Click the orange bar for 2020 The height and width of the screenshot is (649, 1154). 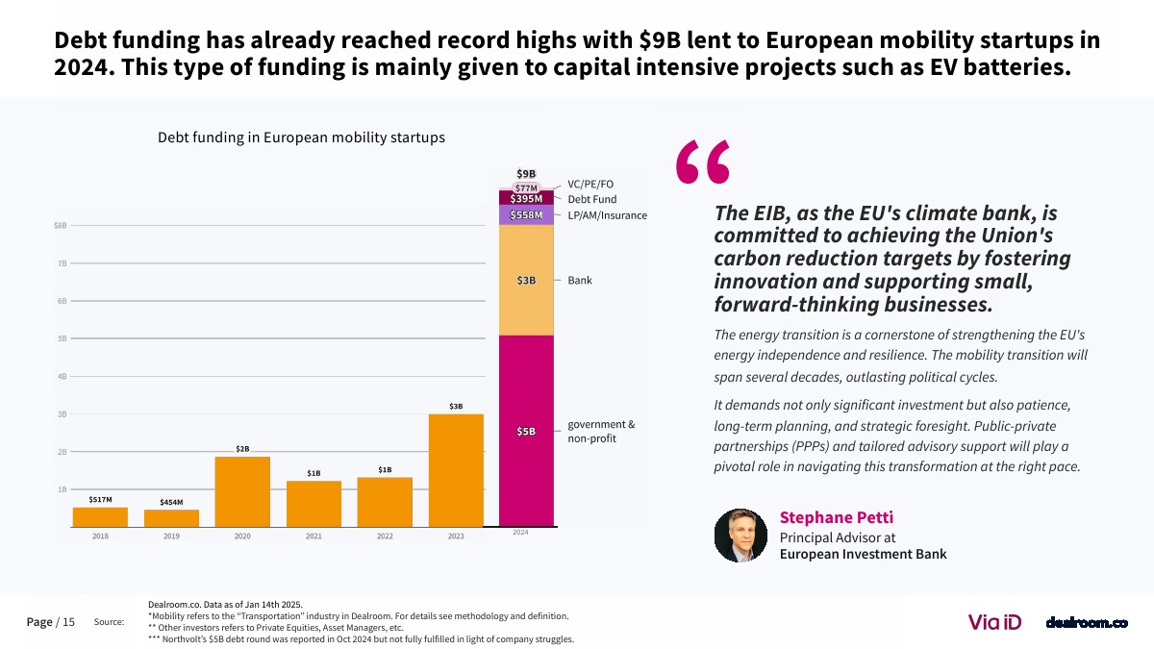tap(242, 491)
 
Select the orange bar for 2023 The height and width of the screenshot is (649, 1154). tap(456, 470)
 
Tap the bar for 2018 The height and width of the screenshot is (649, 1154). tap(100, 517)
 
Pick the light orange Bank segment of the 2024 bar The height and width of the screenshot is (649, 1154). tap(526, 280)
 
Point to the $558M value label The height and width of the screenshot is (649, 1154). tap(526, 214)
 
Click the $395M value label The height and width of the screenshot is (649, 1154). tap(526, 198)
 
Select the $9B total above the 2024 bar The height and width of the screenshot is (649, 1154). tap(526, 174)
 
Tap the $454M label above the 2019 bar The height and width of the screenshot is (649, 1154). tap(171, 502)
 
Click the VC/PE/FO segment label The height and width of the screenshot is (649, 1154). tap(590, 183)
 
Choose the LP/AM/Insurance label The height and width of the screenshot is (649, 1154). tap(607, 215)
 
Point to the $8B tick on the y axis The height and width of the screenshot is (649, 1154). tap(60, 226)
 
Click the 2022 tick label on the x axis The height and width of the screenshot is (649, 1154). tap(385, 537)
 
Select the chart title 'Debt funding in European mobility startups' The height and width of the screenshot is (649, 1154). tap(301, 137)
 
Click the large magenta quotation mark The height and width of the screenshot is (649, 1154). tap(703, 162)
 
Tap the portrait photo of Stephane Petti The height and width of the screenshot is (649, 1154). tap(740, 536)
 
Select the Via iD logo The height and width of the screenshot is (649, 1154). tap(994, 622)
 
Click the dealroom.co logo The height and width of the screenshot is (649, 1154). tap(1086, 623)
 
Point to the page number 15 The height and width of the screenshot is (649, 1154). tap(68, 622)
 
